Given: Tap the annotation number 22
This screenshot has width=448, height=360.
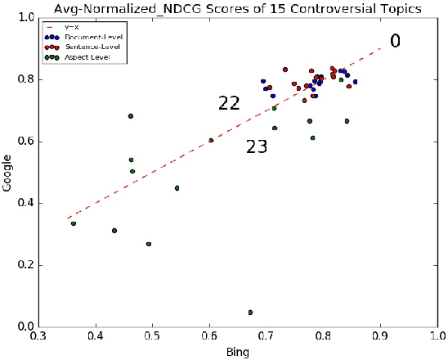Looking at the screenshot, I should coord(229,103).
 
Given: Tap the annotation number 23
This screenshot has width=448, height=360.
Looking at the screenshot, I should coord(257,147).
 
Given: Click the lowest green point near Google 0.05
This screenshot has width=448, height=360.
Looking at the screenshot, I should coord(250,312).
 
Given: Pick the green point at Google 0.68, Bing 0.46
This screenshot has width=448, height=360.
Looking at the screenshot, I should coord(131,116).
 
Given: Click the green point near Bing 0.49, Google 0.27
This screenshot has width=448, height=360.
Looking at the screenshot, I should coord(149,244).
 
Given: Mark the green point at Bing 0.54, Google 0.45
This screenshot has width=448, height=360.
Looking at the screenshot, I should coord(177,188).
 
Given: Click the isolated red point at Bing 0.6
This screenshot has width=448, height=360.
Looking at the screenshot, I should coord(211,141).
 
